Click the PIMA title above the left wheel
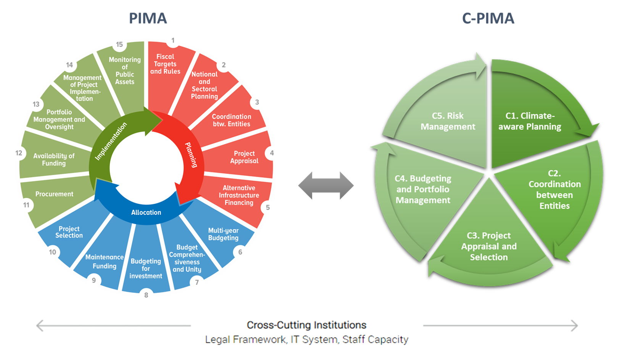148,18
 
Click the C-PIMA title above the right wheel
488,18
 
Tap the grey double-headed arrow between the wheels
326,186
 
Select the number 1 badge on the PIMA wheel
173,40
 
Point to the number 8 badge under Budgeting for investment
146,295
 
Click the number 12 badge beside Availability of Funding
19,153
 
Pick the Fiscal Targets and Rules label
165,64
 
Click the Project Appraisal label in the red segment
244,157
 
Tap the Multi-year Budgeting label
223,234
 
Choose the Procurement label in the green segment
54,194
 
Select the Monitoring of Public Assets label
125,71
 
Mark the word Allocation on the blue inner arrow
146,212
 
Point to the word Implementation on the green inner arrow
111,141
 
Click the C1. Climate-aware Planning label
530,121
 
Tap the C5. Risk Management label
448,121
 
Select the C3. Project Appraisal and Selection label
489,246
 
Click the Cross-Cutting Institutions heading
306,325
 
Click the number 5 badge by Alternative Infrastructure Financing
268,207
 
